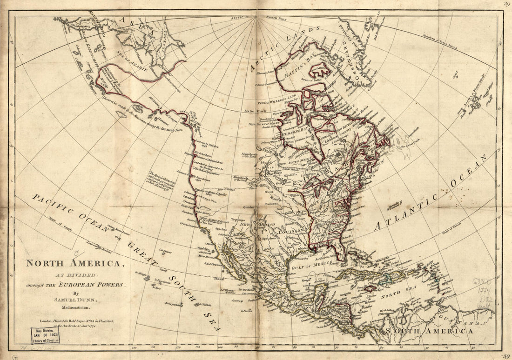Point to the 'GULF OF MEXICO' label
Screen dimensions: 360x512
coord(313,264)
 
